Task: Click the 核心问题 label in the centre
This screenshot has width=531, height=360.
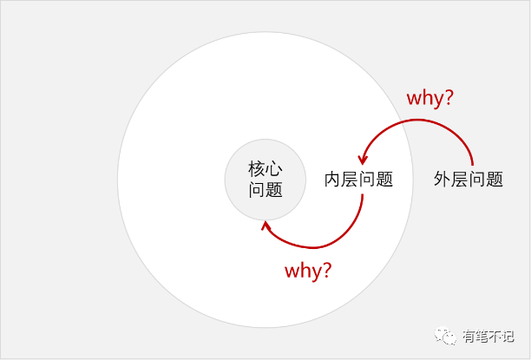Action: (x=265, y=180)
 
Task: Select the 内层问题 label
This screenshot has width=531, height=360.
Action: (x=358, y=180)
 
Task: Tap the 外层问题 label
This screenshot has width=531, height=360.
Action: (x=469, y=180)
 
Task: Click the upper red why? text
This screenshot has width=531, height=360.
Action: (x=429, y=97)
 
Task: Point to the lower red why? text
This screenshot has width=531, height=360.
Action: (x=308, y=270)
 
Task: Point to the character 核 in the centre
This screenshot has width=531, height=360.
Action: (x=257, y=169)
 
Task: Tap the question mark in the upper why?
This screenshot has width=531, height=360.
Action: (x=449, y=97)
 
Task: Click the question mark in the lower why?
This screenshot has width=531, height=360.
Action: (x=326, y=270)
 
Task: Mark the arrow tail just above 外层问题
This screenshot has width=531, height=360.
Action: (x=472, y=162)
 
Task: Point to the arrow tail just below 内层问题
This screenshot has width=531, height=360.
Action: (x=362, y=198)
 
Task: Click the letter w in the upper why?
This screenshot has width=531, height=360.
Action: (x=415, y=98)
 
